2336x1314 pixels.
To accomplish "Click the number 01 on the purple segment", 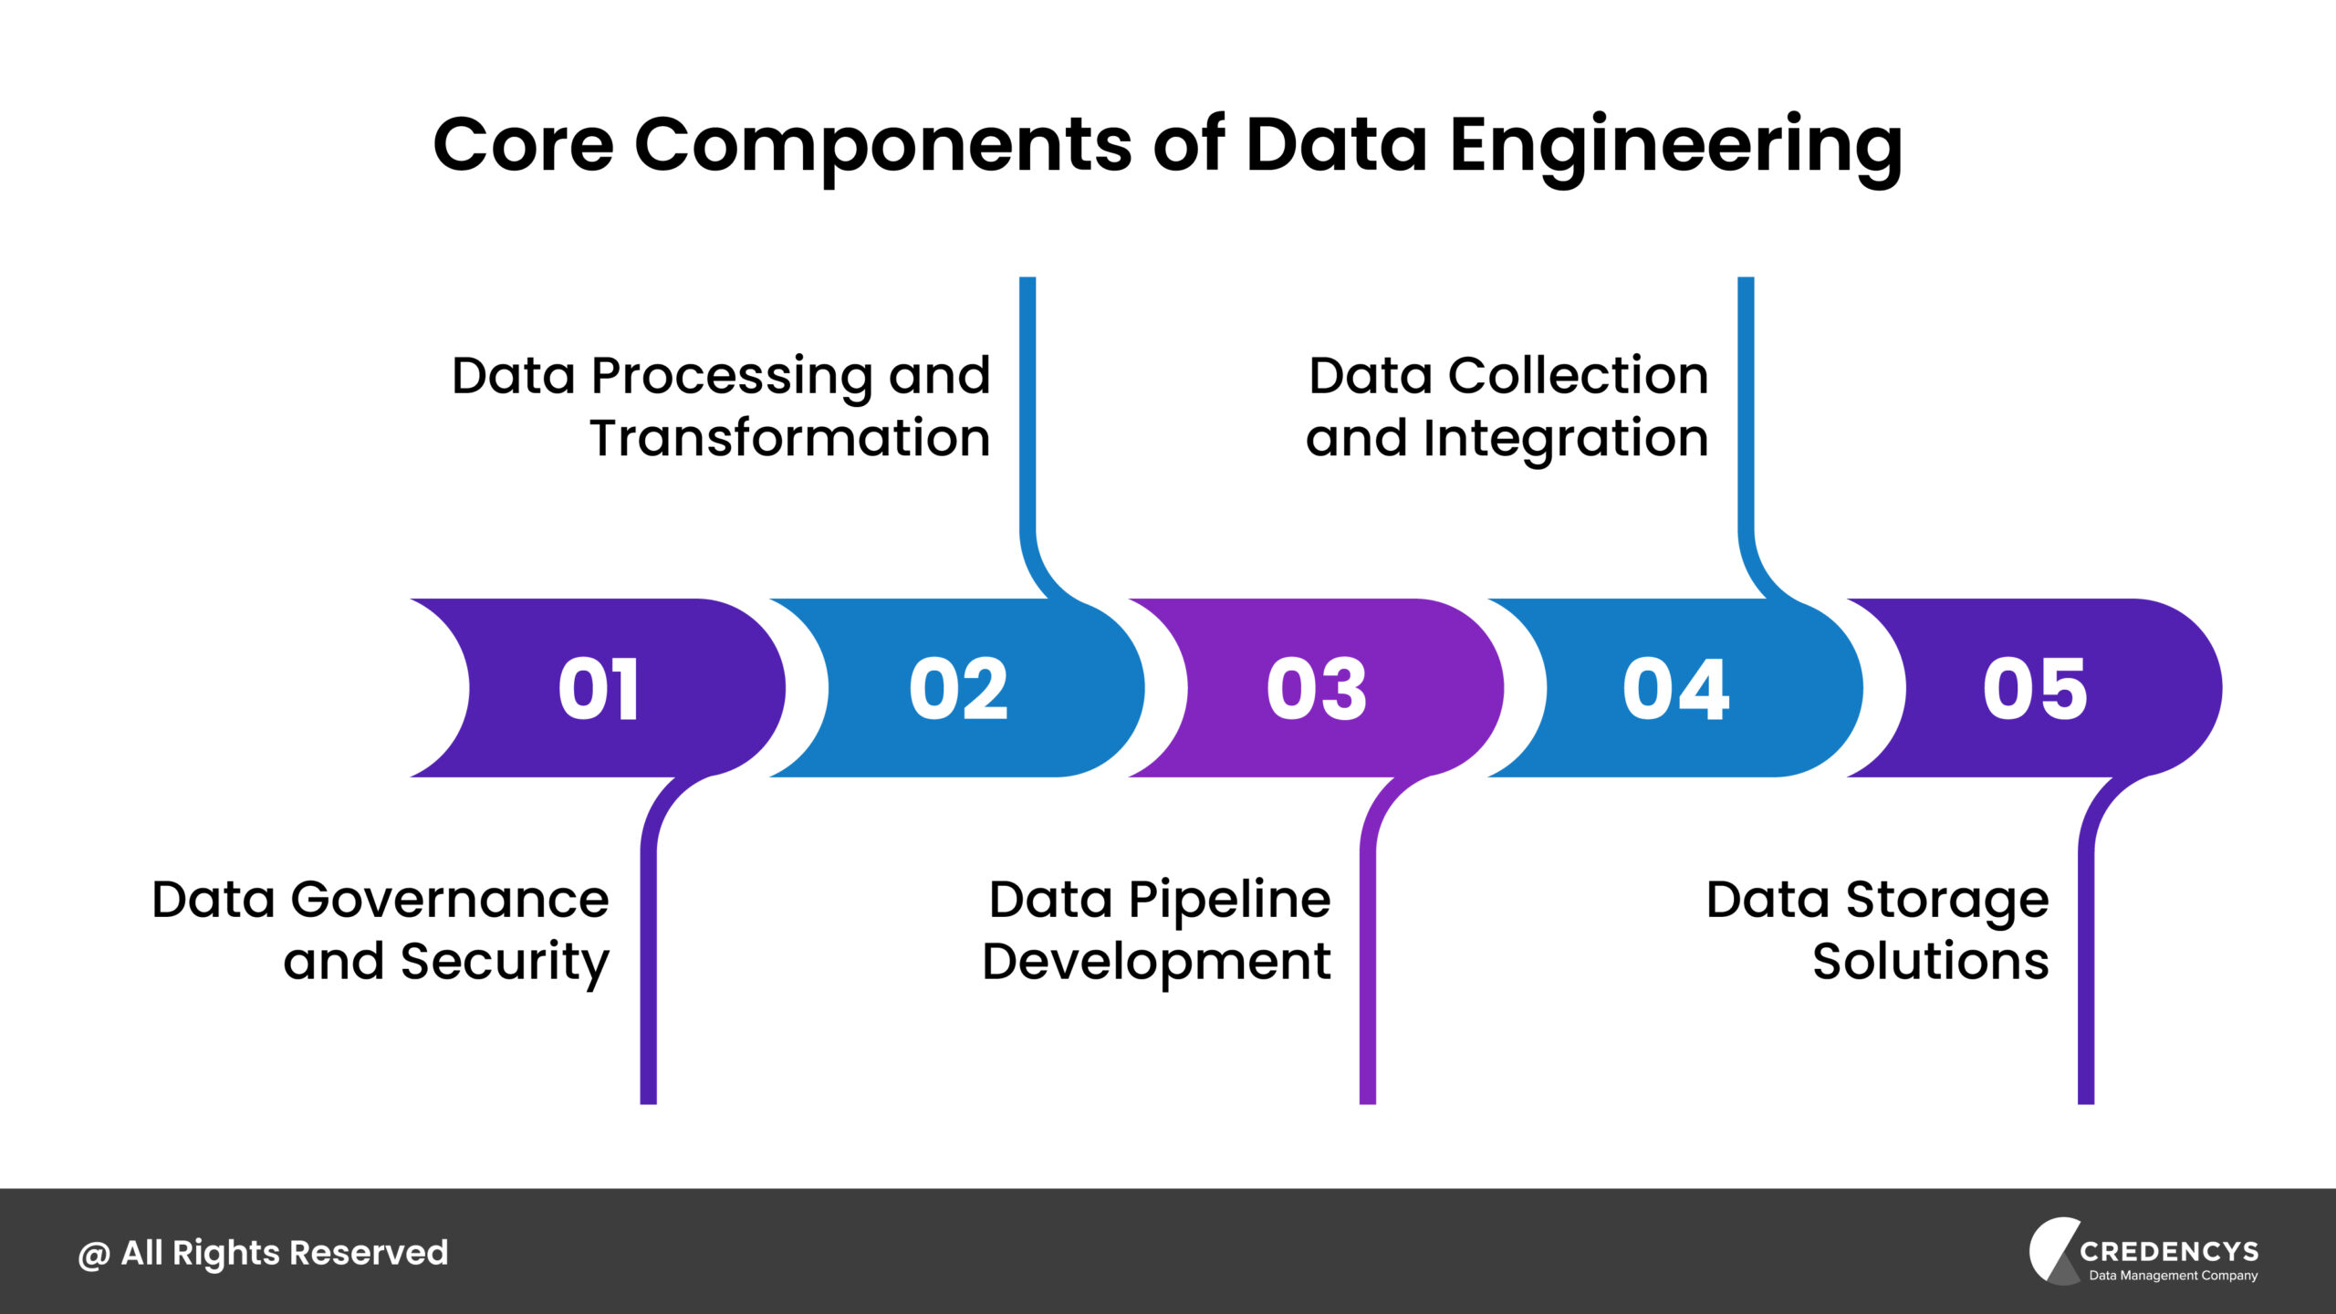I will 599,689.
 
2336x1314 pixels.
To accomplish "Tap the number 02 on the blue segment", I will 958,689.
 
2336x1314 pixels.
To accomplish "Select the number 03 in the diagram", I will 1317,689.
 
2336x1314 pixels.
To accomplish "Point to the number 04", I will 1675,689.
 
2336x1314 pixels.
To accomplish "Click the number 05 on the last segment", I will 2035,689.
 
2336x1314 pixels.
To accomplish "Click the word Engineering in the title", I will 1675,146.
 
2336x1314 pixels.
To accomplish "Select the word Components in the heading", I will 882,146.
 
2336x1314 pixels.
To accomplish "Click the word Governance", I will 449,902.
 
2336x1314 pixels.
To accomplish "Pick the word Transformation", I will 790,438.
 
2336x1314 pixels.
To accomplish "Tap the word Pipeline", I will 1229,902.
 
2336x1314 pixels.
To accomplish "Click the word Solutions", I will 1931,961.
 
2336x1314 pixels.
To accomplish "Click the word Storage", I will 1947,902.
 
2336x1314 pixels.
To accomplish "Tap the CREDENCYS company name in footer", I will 2169,1251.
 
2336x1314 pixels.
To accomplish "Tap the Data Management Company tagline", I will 2174,1276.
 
